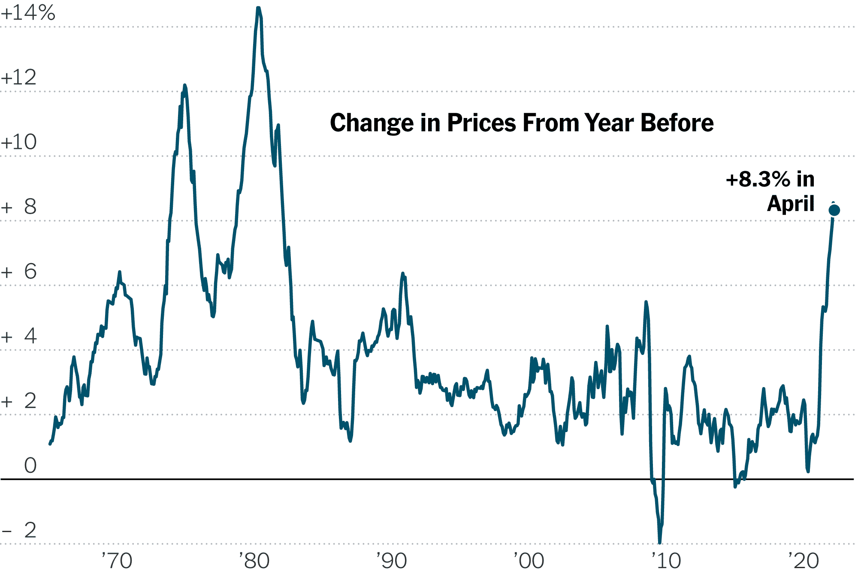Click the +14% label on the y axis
(x=28, y=13)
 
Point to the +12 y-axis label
(x=19, y=78)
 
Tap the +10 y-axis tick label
(x=19, y=142)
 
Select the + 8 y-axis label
(x=19, y=207)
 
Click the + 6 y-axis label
(x=19, y=272)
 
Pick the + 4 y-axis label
(x=19, y=336)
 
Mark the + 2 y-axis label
(x=19, y=401)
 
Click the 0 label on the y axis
(x=30, y=466)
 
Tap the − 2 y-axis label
(x=19, y=531)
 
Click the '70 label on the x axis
(x=117, y=560)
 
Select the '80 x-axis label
(x=254, y=560)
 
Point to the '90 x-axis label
(x=391, y=560)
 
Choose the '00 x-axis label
(x=529, y=560)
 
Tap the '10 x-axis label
(x=666, y=560)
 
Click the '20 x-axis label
(x=803, y=560)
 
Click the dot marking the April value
(x=834, y=210)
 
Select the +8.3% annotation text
(x=758, y=179)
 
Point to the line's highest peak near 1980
(x=258, y=8)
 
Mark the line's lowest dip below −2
(x=660, y=542)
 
